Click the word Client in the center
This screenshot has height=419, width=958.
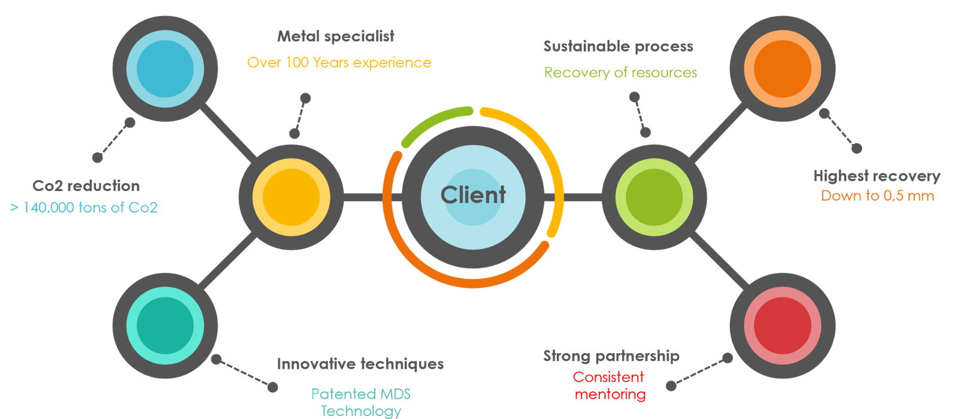pos(473,195)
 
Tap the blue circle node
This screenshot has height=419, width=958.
pos(165,69)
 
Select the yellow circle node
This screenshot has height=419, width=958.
pos(292,197)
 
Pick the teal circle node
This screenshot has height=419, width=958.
pos(165,326)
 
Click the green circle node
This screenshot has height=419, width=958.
pos(654,197)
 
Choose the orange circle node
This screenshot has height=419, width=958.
pos(783,69)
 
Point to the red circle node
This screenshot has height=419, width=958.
pos(783,326)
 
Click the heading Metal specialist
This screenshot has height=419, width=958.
pos(336,37)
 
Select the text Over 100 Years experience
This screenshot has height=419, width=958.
pos(339,63)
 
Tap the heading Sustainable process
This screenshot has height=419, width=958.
pos(619,47)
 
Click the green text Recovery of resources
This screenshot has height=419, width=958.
pos(620,73)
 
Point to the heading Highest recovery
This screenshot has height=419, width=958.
pos(877,176)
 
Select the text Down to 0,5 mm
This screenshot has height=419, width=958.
pos(877,196)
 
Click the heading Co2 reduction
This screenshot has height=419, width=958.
pos(86,186)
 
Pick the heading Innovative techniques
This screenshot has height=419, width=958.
pos(360,365)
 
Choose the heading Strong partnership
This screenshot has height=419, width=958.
pos(611,356)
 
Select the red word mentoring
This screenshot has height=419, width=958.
pos(610,394)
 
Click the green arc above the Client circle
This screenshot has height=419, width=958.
pos(434,123)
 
